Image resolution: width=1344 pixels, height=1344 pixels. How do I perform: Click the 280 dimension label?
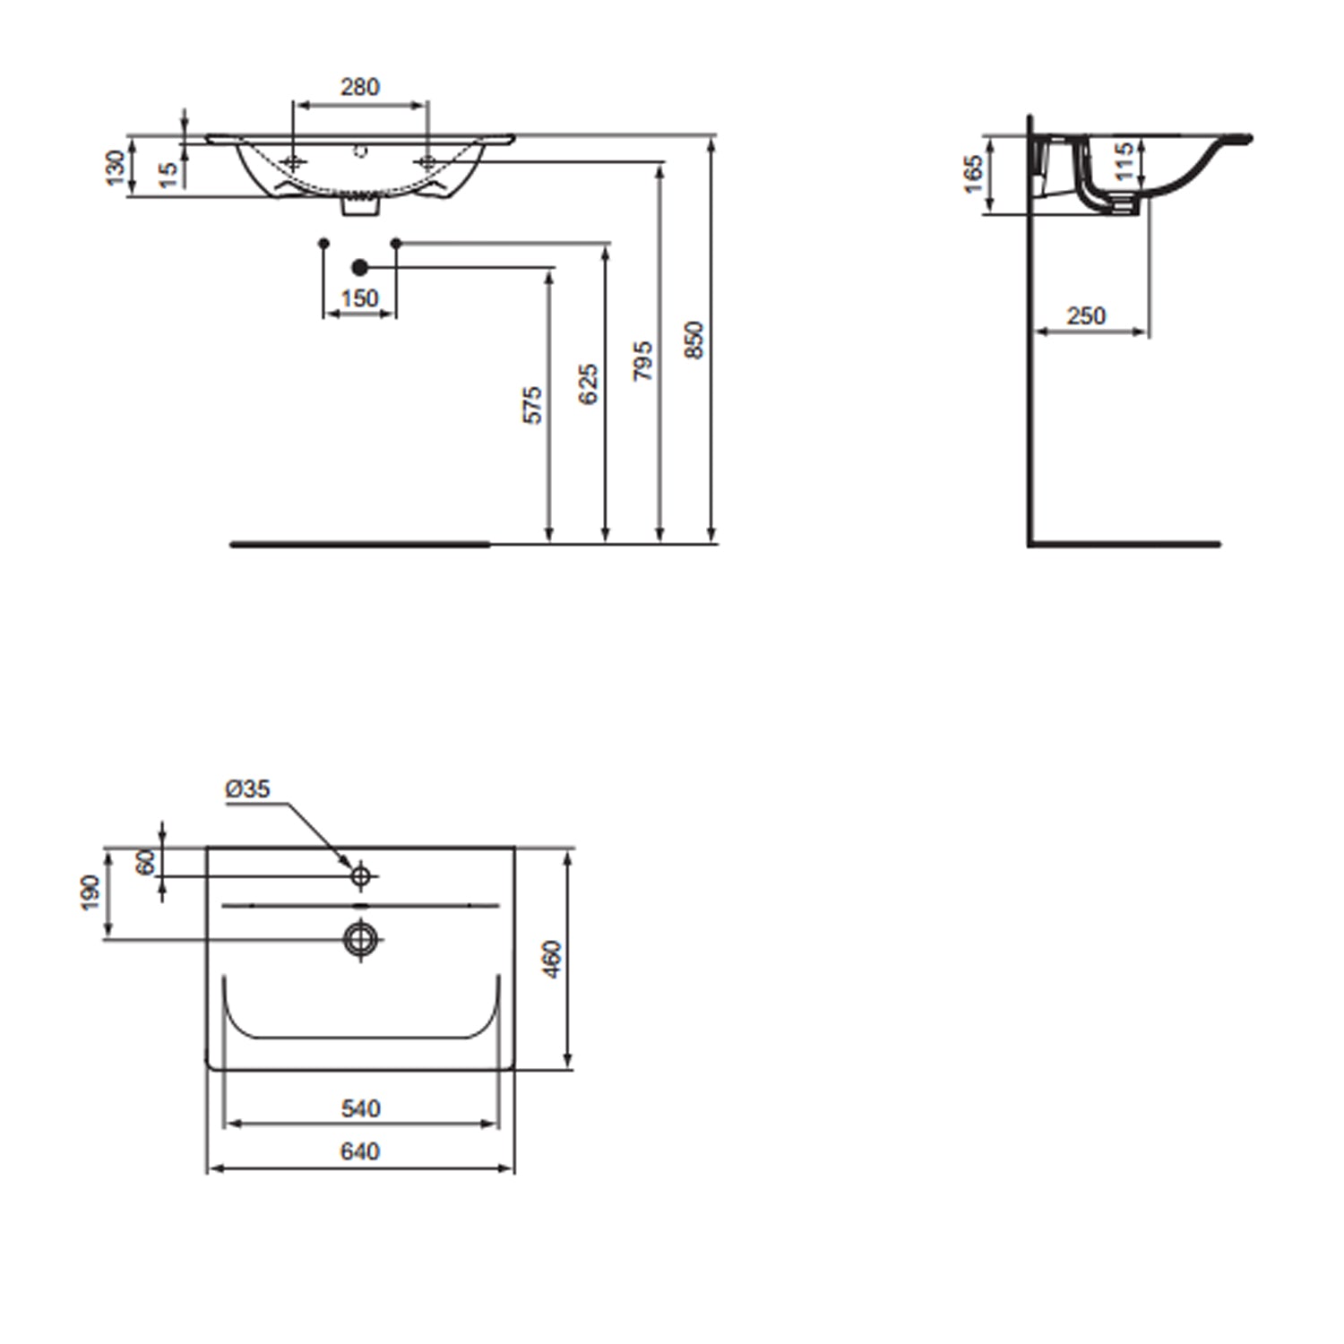coord(360,87)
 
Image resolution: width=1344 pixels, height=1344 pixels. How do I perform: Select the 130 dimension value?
coord(116,168)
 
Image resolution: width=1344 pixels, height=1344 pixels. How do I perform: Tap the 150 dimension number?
coord(359,298)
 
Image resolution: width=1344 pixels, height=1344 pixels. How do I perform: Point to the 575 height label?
coord(532,405)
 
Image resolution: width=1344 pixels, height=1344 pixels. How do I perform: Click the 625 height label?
coord(588,384)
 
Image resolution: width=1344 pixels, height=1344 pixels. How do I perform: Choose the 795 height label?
coord(642,361)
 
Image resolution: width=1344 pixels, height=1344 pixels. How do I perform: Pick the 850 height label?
coord(694,340)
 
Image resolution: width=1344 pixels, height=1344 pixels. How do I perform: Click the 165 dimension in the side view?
coord(973,174)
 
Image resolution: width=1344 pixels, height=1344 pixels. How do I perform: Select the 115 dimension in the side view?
coord(1124,161)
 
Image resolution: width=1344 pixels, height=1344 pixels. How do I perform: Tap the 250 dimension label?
coord(1086,315)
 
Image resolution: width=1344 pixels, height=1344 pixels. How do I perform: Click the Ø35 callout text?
coord(247,788)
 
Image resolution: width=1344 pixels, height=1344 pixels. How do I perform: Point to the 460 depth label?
coord(552,959)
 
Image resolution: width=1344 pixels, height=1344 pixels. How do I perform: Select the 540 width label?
coord(360,1108)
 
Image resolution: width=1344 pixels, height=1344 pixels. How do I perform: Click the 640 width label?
coord(360,1150)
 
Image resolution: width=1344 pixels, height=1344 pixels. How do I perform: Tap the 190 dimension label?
coord(90,893)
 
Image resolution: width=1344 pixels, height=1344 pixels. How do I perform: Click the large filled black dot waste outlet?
coord(360,267)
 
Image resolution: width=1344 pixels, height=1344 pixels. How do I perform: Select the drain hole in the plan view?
coord(360,938)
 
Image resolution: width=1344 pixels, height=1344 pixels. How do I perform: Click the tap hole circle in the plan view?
coord(360,875)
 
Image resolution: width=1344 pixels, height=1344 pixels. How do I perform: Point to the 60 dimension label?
coord(145,862)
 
